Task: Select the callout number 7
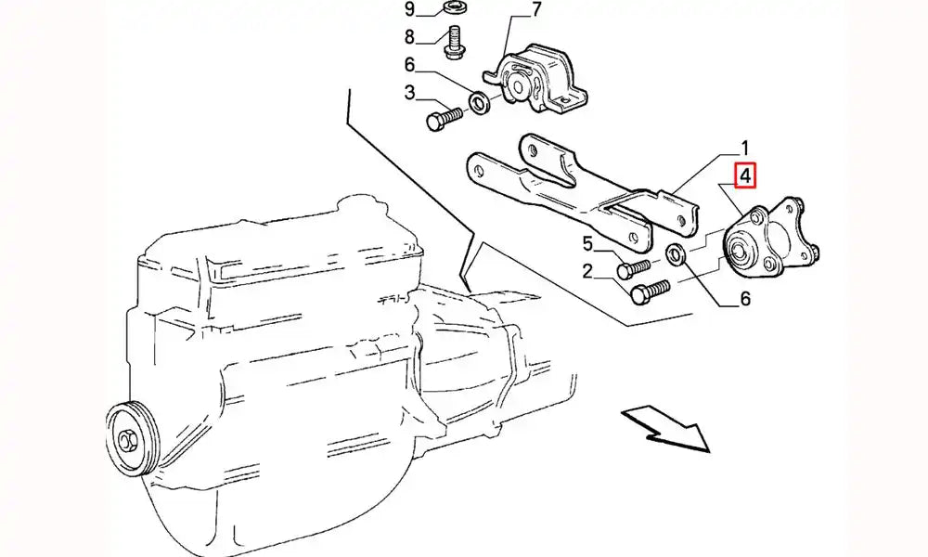pyautogui.click(x=535, y=10)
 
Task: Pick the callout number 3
pyautogui.click(x=410, y=92)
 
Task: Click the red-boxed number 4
pyautogui.click(x=745, y=175)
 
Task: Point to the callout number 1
pyautogui.click(x=744, y=148)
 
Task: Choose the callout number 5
pyautogui.click(x=587, y=243)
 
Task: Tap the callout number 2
pyautogui.click(x=587, y=271)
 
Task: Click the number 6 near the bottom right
pyautogui.click(x=745, y=299)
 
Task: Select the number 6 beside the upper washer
pyautogui.click(x=410, y=64)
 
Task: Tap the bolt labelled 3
pyautogui.click(x=444, y=117)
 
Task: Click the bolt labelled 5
pyautogui.click(x=633, y=267)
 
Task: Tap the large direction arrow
pyautogui.click(x=665, y=428)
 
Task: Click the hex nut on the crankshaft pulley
pyautogui.click(x=126, y=440)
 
